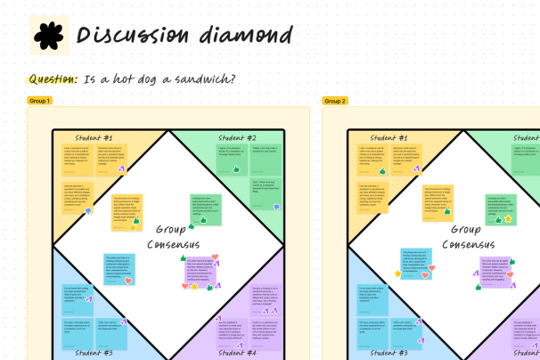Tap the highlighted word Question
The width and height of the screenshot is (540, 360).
click(x=53, y=79)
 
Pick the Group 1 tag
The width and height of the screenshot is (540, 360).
click(x=40, y=101)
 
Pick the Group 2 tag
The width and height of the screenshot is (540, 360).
click(x=336, y=101)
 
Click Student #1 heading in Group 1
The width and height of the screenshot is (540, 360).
click(x=94, y=138)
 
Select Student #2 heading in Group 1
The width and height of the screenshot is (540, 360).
click(x=236, y=138)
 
